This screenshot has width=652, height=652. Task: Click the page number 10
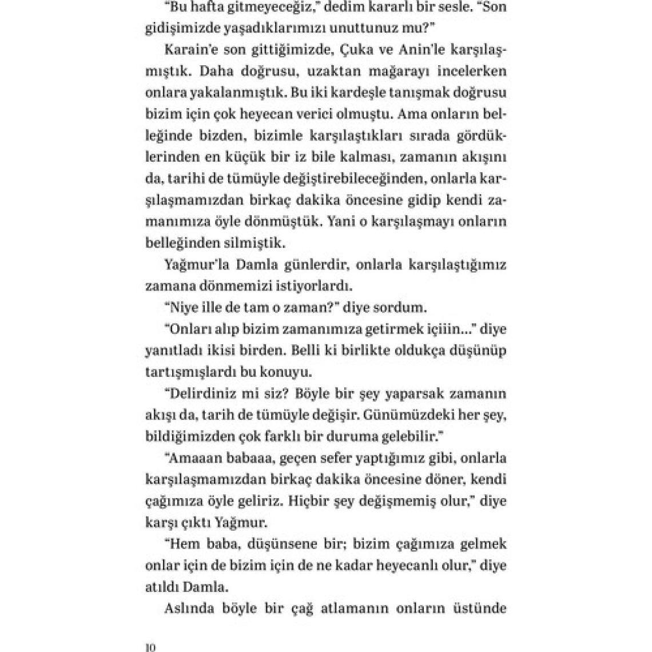point(150,647)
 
